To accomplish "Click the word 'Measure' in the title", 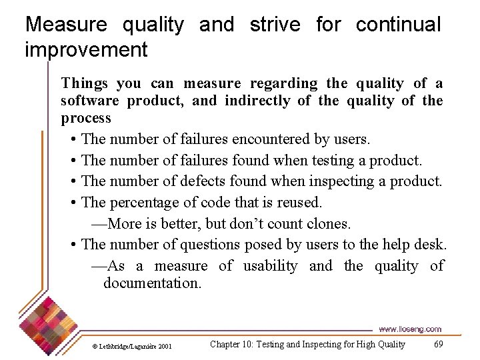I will (66, 25).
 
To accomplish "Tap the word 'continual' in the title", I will (398, 25).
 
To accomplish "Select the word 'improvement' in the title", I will (86, 49).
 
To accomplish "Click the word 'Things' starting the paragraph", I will (84, 83).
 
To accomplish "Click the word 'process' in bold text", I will (86, 118).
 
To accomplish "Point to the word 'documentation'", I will (151, 283).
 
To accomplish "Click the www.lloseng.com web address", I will (409, 329).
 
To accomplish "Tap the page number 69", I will (438, 345).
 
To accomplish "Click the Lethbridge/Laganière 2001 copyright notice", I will (132, 346).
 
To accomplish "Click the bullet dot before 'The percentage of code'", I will (72, 203).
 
